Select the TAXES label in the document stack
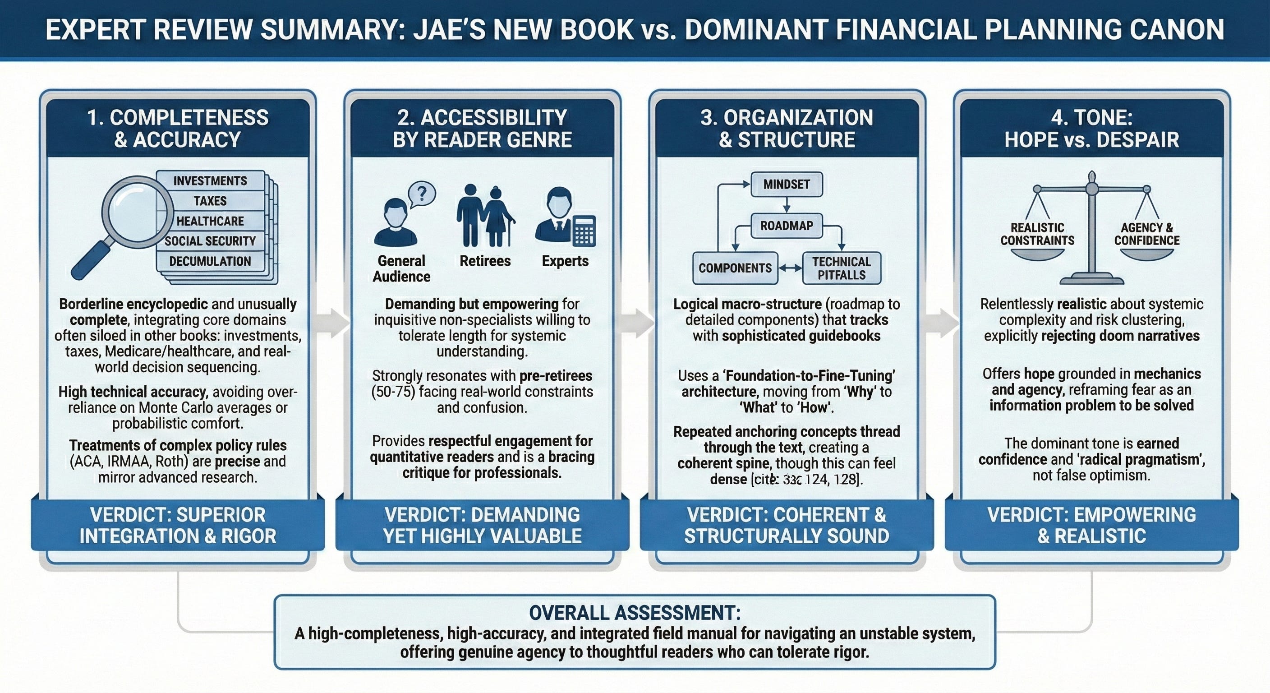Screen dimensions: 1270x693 [210, 201]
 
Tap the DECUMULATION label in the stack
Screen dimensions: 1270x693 [210, 261]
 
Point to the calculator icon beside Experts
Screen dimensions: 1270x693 [584, 231]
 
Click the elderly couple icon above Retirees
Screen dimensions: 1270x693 [485, 216]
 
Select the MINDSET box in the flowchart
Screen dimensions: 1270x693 [787, 185]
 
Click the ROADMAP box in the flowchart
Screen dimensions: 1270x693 [787, 226]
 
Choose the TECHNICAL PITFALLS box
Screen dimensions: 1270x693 [841, 268]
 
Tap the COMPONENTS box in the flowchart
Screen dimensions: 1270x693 [735, 268]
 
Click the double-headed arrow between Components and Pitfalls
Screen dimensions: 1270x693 [790, 268]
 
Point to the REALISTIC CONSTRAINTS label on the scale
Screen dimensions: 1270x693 [1037, 234]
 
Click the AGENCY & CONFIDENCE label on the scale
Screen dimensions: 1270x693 [1147, 234]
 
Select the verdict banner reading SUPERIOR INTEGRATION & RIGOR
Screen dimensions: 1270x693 [178, 525]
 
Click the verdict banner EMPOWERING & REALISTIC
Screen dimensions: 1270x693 [1091, 525]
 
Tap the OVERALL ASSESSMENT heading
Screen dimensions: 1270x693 [635, 613]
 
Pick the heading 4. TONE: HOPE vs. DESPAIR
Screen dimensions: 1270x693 [1091, 129]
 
